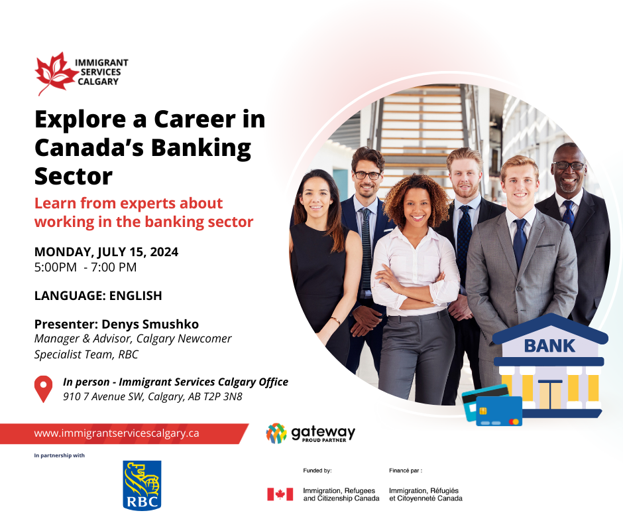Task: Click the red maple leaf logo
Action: coord(56,74)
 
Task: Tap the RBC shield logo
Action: coord(142,485)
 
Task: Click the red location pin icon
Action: coord(43,389)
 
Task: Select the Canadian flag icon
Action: coord(280,494)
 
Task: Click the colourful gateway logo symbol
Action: coord(276,433)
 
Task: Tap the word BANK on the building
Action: coord(549,346)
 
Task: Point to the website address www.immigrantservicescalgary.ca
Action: coord(117,433)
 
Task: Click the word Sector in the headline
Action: coord(74,176)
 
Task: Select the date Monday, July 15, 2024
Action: coord(106,252)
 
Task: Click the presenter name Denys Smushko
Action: coord(150,324)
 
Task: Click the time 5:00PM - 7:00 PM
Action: coord(85,267)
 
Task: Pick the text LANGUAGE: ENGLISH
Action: coord(98,296)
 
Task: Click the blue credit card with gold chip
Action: coord(499,411)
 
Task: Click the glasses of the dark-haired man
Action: coord(368,175)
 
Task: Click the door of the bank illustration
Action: coord(550,394)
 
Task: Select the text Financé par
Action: coord(405,471)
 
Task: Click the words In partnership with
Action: coord(59,455)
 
